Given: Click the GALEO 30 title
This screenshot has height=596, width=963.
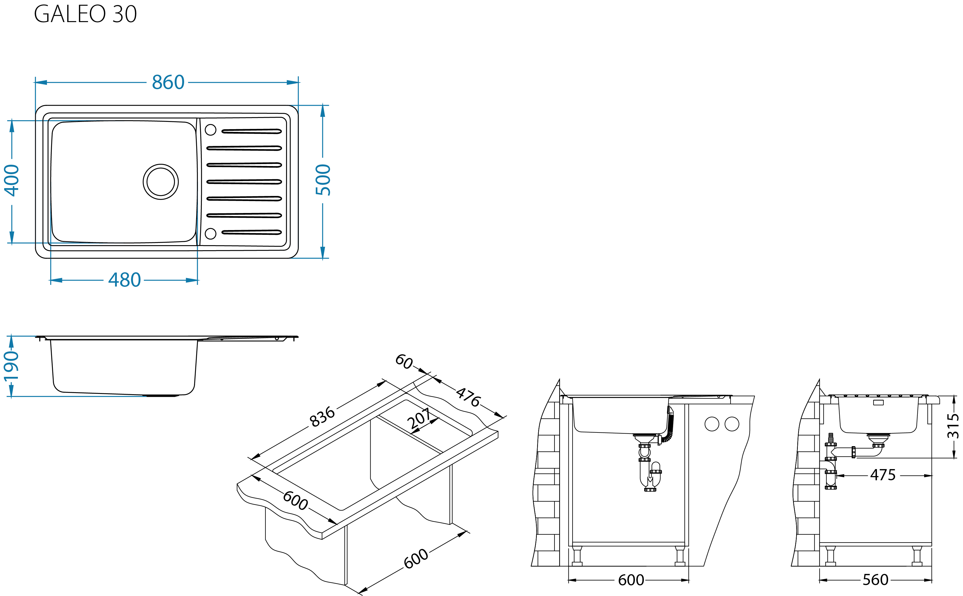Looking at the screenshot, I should (x=85, y=14).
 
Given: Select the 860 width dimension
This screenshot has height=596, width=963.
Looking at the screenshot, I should (x=168, y=82).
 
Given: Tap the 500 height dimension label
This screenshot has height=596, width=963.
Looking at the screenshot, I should (x=323, y=180).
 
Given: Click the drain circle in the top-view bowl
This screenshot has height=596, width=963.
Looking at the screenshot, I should (x=160, y=182).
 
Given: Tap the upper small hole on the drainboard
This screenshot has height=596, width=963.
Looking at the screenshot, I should (x=210, y=130).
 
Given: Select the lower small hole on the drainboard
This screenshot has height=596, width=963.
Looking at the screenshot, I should (x=210, y=233).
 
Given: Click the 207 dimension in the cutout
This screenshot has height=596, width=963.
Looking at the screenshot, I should (x=419, y=418).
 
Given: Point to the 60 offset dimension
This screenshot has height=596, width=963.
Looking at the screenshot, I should (x=404, y=361).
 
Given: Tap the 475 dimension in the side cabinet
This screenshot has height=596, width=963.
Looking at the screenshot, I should (x=883, y=475).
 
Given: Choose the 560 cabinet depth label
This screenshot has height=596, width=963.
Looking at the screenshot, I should (x=876, y=580).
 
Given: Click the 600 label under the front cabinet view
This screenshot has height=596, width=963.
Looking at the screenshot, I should (x=631, y=580).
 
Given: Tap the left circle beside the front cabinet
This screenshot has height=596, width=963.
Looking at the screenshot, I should (x=711, y=424).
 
